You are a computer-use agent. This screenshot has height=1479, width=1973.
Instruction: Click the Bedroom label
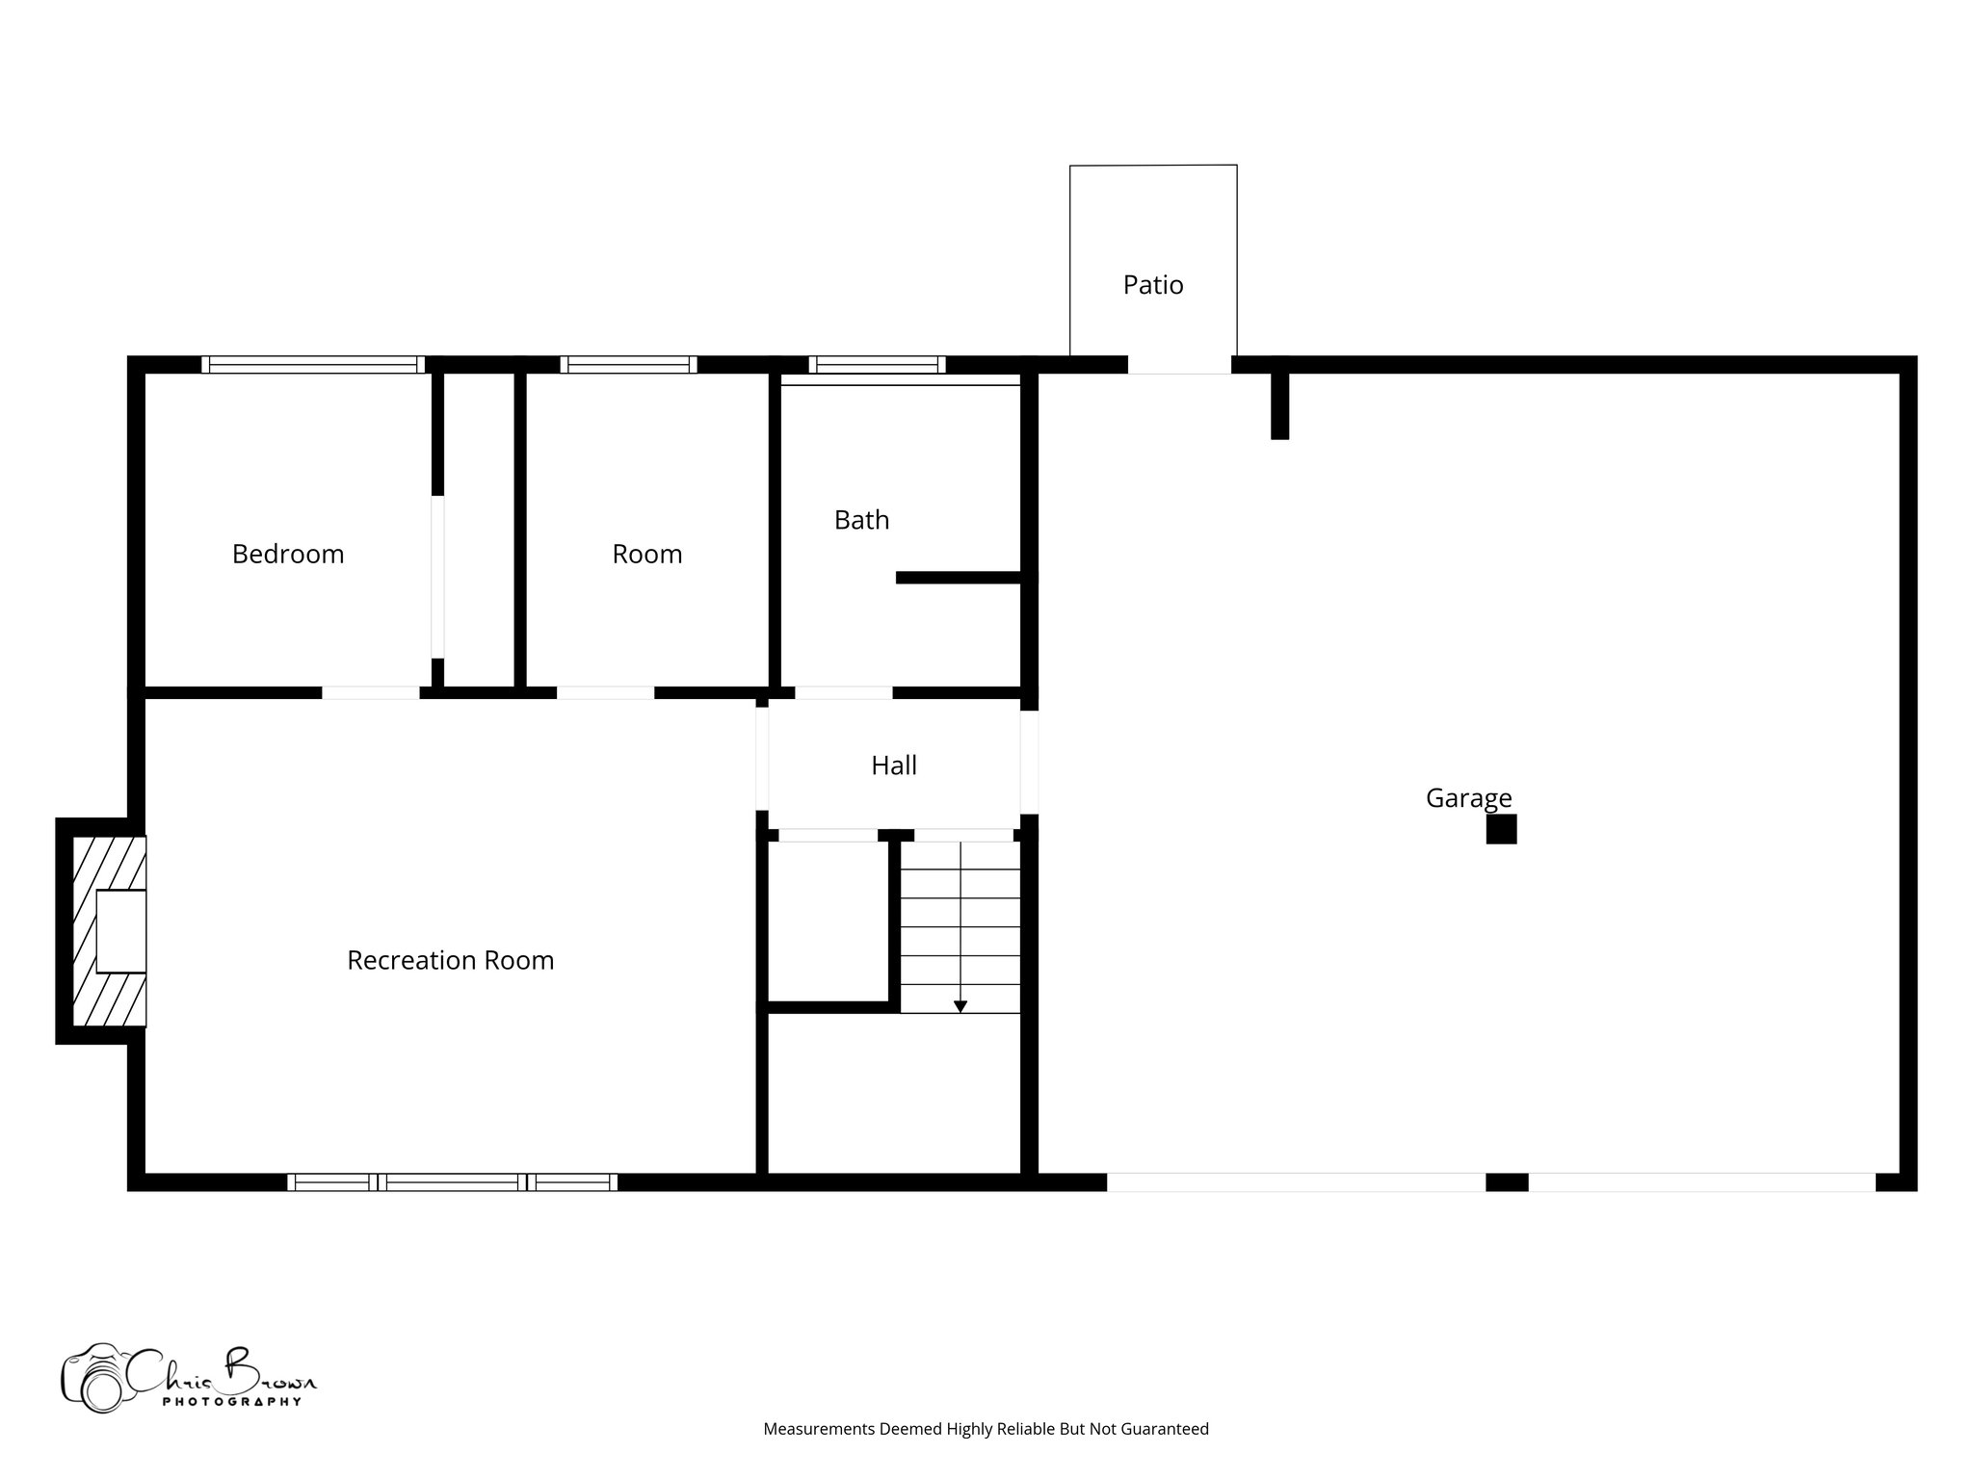tap(288, 554)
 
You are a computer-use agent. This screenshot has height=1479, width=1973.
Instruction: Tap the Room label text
tap(647, 554)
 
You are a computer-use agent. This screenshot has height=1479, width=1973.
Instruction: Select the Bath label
tap(861, 520)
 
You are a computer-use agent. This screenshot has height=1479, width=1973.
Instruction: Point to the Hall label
tap(894, 765)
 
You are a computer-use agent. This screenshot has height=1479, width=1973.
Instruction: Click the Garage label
tap(1468, 798)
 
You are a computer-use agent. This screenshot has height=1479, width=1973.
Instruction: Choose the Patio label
tap(1153, 285)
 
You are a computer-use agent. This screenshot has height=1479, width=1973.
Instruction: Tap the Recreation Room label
tap(451, 960)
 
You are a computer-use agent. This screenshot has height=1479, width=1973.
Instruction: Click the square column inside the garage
tap(1501, 829)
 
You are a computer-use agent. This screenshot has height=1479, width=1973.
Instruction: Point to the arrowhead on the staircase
tap(960, 1006)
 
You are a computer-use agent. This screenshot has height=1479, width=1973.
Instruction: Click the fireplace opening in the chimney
tap(121, 931)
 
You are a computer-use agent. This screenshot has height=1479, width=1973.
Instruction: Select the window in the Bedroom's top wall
tap(313, 365)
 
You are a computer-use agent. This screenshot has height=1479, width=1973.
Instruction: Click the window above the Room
tap(628, 365)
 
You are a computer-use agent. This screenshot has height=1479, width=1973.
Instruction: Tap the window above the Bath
tap(877, 365)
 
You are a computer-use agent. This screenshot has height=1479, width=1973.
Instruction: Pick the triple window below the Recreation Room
tap(452, 1182)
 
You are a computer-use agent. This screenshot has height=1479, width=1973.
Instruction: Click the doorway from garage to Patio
tap(1179, 365)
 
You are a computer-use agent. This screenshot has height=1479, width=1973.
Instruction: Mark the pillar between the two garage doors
tap(1507, 1182)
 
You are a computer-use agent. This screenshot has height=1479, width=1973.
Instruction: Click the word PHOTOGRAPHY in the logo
tap(231, 1402)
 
